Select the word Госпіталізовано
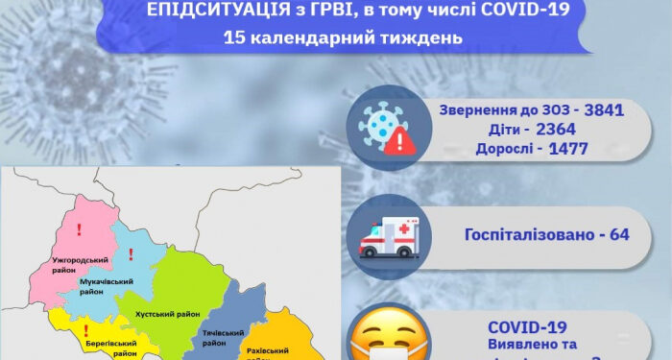530,234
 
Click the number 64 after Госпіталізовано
618,234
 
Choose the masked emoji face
386,337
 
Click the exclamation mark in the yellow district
86,328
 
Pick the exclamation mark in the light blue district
130,254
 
